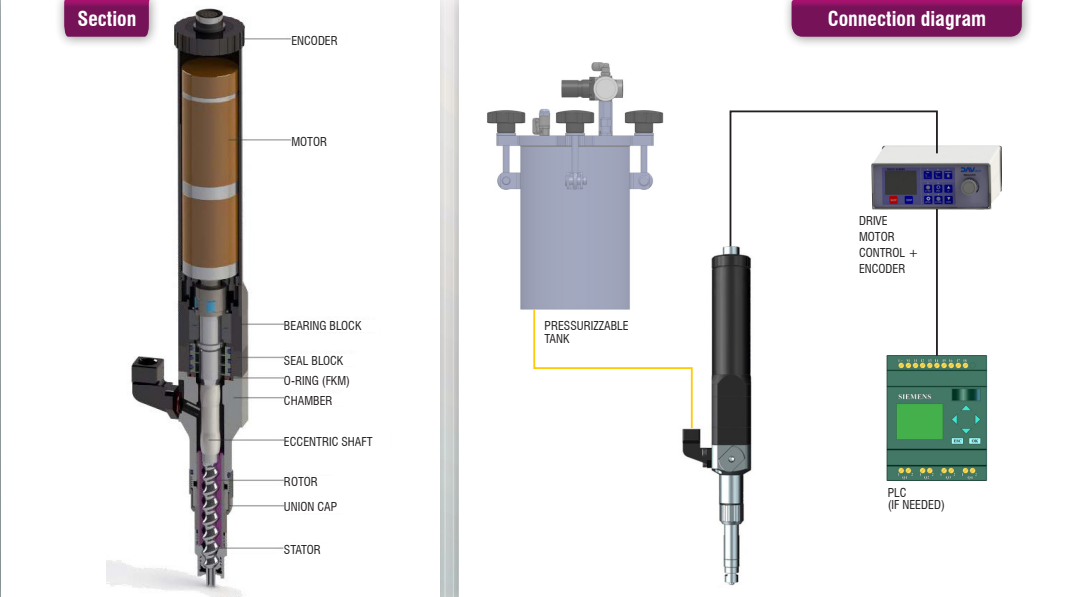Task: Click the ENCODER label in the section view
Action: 314,41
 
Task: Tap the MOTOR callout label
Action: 308,142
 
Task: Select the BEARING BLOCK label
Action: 322,326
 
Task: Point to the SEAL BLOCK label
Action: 313,361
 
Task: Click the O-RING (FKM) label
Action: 316,381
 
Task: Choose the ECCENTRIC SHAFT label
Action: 327,442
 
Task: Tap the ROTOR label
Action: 300,482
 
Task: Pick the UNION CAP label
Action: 310,507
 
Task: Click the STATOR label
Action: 301,550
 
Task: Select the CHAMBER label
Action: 308,401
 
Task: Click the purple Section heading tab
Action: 106,18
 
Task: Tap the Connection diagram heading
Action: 906,18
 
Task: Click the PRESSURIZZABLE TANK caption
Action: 586,332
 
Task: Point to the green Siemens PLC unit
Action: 936,418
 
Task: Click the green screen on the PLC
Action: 919,421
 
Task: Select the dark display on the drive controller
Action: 900,182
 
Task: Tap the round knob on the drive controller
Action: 969,186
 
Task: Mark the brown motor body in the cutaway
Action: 210,168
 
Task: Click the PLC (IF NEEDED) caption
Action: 915,498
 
